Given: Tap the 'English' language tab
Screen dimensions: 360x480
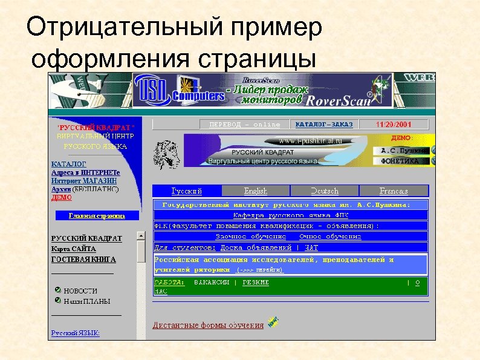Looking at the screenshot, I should (256, 191).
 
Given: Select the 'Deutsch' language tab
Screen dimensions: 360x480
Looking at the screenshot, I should (324, 191).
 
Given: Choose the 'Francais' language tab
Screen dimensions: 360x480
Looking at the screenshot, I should (394, 191).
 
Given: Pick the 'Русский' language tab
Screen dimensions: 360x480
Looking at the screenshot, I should (187, 191).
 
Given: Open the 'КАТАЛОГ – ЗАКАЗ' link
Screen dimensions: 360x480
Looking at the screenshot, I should (323, 124).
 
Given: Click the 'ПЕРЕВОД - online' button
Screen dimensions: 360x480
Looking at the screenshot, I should (244, 124).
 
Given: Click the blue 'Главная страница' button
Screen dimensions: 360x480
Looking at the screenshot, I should (97, 215).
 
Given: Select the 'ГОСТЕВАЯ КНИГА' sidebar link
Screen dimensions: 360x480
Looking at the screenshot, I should (83, 259).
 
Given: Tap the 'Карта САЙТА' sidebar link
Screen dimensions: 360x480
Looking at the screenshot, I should (73, 249).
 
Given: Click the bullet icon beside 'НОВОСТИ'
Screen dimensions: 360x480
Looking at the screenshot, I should (57, 290).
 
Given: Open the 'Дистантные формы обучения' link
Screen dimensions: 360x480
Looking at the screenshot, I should (208, 325).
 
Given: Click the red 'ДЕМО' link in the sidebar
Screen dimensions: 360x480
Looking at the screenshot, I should (62, 197).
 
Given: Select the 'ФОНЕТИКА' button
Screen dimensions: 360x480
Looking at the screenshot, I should (400, 161).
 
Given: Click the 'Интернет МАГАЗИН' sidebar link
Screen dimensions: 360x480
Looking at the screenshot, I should (84, 180).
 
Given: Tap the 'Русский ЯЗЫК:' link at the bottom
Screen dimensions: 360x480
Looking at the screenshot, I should (76, 333).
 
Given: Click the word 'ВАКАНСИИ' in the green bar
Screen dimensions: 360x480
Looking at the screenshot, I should (211, 282).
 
